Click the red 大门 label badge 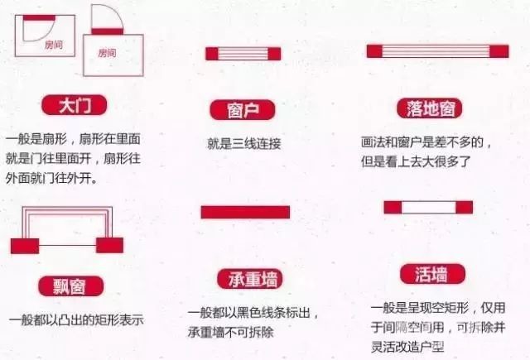pyautogui.click(x=74, y=105)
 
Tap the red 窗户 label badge pyautogui.click(x=243, y=110)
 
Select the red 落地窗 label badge pyautogui.click(x=430, y=108)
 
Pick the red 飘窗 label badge pyautogui.click(x=70, y=286)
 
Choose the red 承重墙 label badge pyautogui.click(x=250, y=279)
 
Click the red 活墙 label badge pyautogui.click(x=432, y=274)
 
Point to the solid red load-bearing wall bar pyautogui.click(x=245, y=212)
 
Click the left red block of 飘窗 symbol pyautogui.click(x=25, y=246)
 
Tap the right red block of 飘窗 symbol pyautogui.click(x=109, y=245)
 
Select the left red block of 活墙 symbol pyautogui.click(x=393, y=208)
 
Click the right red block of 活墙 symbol pyautogui.click(x=464, y=208)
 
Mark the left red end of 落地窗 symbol pyautogui.click(x=374, y=51)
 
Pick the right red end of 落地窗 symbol pyautogui.click(x=499, y=51)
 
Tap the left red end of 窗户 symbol pyautogui.click(x=212, y=54)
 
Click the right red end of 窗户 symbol pyautogui.click(x=274, y=54)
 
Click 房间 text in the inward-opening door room pyautogui.click(x=54, y=45)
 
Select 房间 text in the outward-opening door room pyautogui.click(x=107, y=53)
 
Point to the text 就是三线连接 pyautogui.click(x=244, y=144)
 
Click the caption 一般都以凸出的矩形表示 pyautogui.click(x=76, y=320)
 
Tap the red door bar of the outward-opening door pyautogui.click(x=108, y=31)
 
